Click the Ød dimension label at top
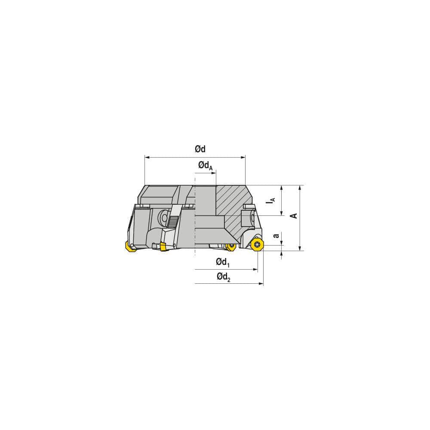point(200,149)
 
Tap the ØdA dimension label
point(205,166)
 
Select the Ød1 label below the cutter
point(223,262)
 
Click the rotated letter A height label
point(295,215)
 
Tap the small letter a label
point(276,235)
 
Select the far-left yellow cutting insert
point(129,246)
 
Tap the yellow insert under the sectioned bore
point(231,246)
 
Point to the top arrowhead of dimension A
point(299,188)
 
